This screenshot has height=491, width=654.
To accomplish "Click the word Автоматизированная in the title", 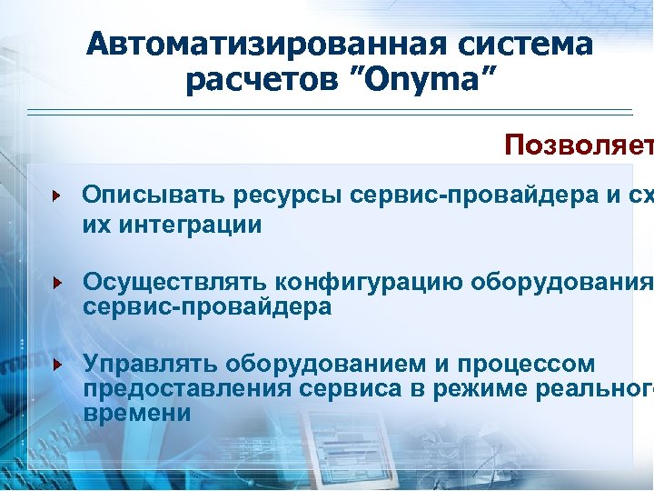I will (x=258, y=45).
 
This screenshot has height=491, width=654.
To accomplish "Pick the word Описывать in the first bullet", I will (x=154, y=195).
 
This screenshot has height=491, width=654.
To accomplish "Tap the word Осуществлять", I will (x=175, y=283).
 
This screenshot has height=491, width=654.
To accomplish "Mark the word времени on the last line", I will (x=136, y=413).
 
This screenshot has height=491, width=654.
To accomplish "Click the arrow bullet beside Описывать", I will (x=56, y=195).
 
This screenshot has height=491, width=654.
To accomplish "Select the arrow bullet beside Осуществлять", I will (x=56, y=283).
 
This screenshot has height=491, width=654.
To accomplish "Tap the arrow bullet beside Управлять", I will (x=56, y=365).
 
